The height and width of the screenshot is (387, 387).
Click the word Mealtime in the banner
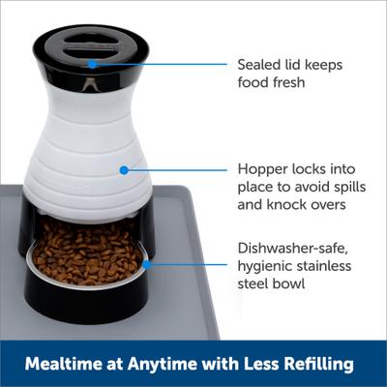[x=64, y=365]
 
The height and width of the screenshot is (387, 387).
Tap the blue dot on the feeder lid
[x=92, y=64]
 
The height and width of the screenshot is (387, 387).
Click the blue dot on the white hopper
[x=124, y=169]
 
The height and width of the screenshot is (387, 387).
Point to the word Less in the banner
[x=253, y=365]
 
